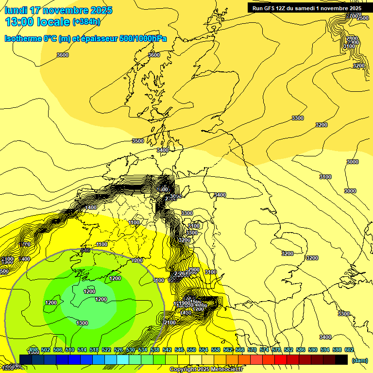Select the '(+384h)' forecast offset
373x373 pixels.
pyautogui.click(x=86, y=22)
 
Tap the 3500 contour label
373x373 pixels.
pyautogui.click(x=138, y=141)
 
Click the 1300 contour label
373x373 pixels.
pyautogui.click(x=82, y=323)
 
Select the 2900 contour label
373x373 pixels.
pyautogui.click(x=194, y=270)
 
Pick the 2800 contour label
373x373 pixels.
pyautogui.click(x=352, y=38)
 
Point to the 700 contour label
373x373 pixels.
pyautogui.click(x=26, y=244)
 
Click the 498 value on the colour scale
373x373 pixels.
pyautogui.click(x=34, y=350)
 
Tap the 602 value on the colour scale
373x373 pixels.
pyautogui.click(x=349, y=350)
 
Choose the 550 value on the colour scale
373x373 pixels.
pyautogui.click(x=191, y=350)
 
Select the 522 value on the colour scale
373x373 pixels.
pyautogui.click(x=106, y=350)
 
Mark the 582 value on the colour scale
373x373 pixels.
pyautogui.click(x=288, y=350)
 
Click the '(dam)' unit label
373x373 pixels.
pyautogui.click(x=359, y=360)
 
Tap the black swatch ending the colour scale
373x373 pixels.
pyautogui.click(x=341, y=359)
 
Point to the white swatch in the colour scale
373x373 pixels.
pyautogui.click(x=196, y=359)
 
